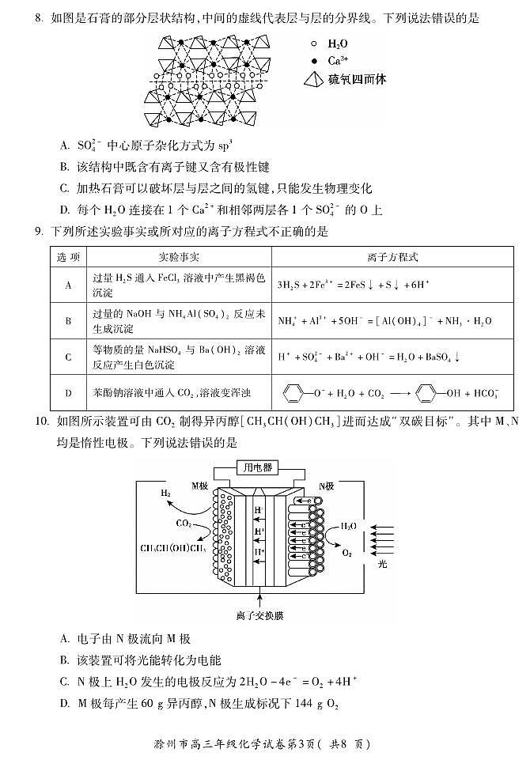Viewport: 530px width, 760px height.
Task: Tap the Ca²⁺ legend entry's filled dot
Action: click(x=314, y=61)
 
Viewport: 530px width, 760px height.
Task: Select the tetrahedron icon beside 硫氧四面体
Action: click(x=314, y=79)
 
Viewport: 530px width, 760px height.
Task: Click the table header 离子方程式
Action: click(x=392, y=258)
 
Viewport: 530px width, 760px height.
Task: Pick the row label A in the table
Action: click(x=69, y=285)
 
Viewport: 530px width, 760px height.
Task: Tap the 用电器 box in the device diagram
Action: click(x=258, y=467)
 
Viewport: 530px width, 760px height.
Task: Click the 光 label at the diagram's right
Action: click(x=383, y=564)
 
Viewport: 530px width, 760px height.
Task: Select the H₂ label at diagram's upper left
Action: click(x=165, y=493)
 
